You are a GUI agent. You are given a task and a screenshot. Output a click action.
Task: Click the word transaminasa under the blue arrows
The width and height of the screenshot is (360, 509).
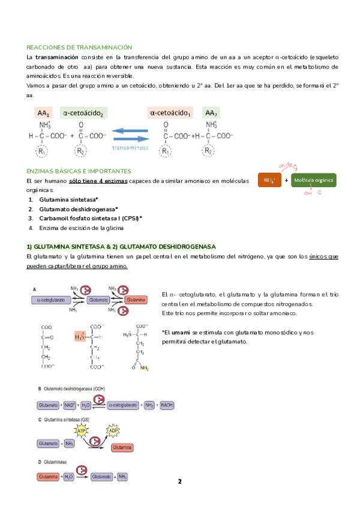click(x=133, y=146)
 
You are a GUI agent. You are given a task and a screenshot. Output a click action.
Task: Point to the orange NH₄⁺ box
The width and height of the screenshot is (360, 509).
click(x=269, y=180)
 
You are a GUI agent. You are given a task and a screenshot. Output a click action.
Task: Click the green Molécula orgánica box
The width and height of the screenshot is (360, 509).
click(x=313, y=180)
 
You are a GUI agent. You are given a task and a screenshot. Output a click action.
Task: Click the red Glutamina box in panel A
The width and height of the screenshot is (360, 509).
click(x=136, y=299)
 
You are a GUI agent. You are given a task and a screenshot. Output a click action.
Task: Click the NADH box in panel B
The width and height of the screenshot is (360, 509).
click(x=167, y=405)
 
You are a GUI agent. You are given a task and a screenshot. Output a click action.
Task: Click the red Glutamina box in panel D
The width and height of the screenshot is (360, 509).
click(x=48, y=477)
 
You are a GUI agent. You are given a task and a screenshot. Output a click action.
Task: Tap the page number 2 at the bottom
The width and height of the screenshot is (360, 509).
click(x=179, y=481)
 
